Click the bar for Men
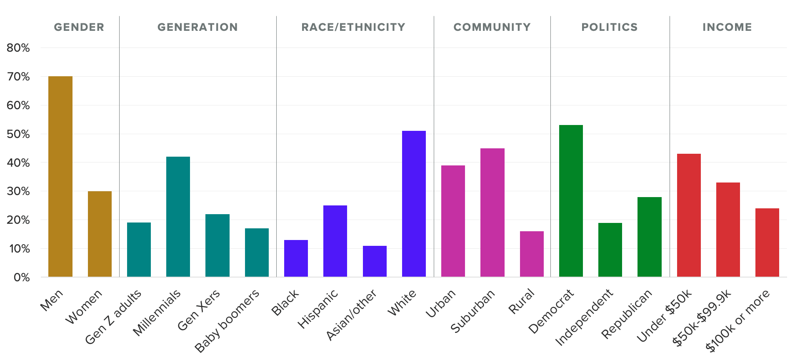coord(60,177)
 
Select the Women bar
coord(100,234)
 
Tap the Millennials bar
coord(178,217)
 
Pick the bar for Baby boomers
coord(257,252)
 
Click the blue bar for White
coord(414,204)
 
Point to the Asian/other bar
coord(375,261)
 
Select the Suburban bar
coord(492,212)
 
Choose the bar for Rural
coord(532,254)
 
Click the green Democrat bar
coord(571,201)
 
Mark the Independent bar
coord(610,250)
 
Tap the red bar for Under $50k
coord(689,215)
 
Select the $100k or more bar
coord(767,242)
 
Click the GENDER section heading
coord(79,27)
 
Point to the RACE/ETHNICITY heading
coord(353,27)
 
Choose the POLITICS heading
coord(610,27)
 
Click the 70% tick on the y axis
coord(18,77)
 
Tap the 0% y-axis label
coord(22,277)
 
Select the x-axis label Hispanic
coord(318,309)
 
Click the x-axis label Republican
coord(626,314)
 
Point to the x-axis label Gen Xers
coord(199,310)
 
